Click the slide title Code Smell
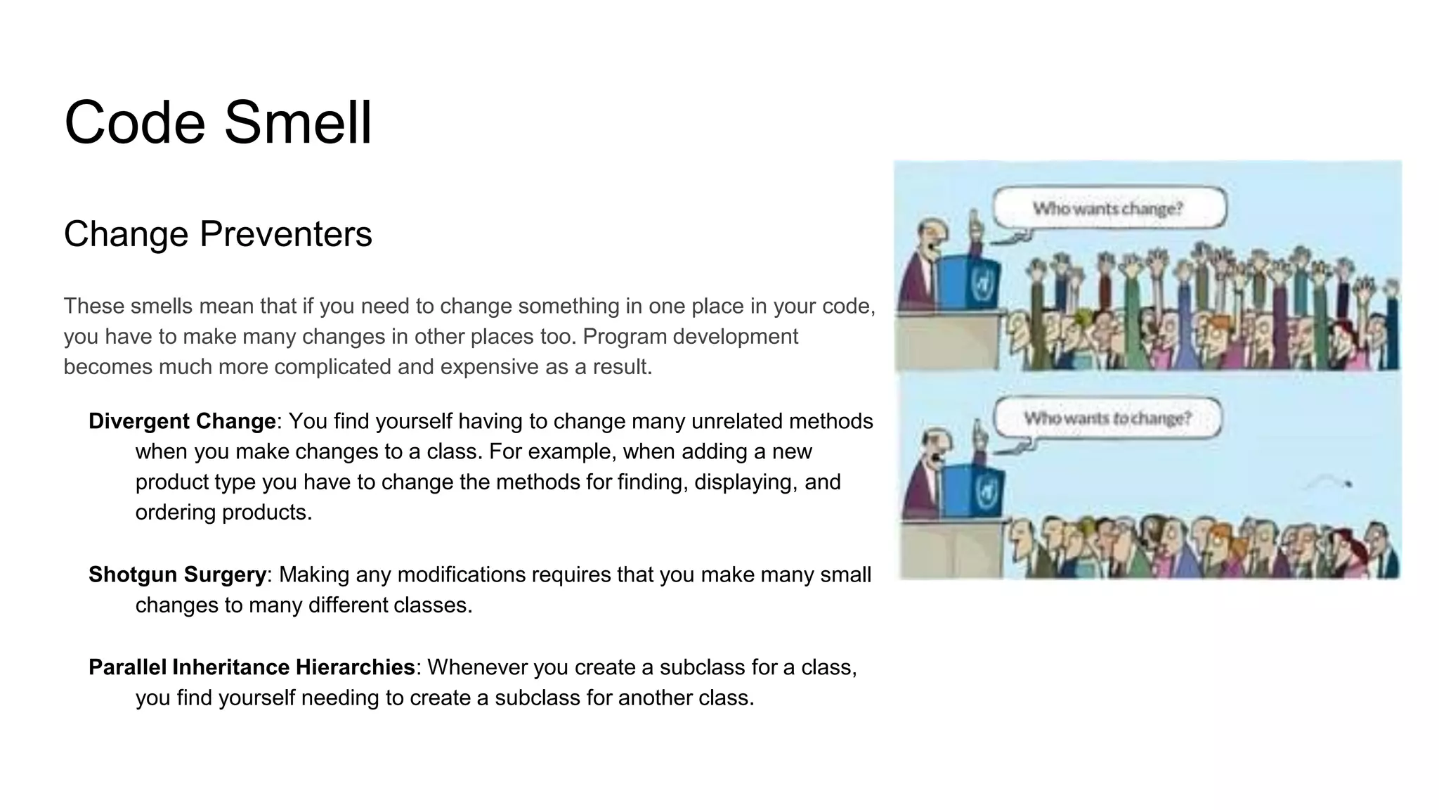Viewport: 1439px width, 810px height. pyautogui.click(x=218, y=122)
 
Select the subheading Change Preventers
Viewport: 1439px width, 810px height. pyautogui.click(x=218, y=234)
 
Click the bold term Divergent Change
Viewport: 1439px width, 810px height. pyautogui.click(x=182, y=421)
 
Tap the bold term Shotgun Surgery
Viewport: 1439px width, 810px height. pyautogui.click(x=177, y=574)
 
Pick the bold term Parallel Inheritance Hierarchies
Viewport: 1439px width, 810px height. pyautogui.click(x=252, y=667)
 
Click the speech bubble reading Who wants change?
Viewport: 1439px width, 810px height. pyautogui.click(x=1108, y=208)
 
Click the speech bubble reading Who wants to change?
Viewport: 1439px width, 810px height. pyautogui.click(x=1107, y=418)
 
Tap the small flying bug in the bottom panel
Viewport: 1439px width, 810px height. pyautogui.click(x=1348, y=484)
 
